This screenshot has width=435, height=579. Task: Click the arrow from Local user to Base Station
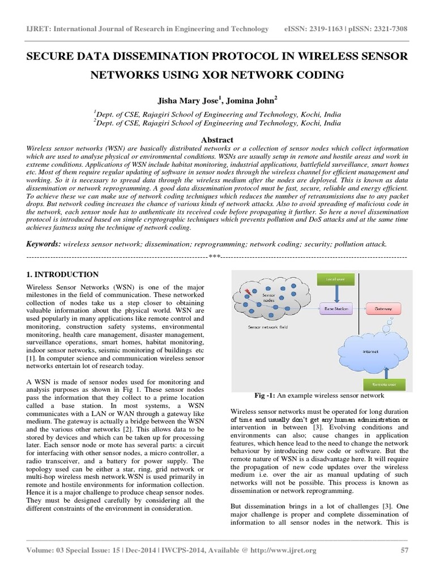(x=337, y=293)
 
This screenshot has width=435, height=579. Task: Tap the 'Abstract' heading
(x=217, y=140)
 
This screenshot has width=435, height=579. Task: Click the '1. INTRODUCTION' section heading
(x=63, y=274)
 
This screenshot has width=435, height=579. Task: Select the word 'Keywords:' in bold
(x=44, y=244)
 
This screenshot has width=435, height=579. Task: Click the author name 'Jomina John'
(x=249, y=100)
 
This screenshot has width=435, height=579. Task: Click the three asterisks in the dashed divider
(x=214, y=257)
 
